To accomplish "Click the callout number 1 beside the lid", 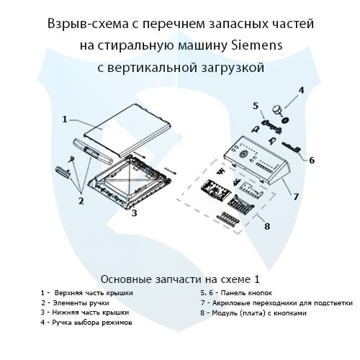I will click(x=64, y=119).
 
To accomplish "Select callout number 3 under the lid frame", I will click(x=135, y=213).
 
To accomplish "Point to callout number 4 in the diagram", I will click(x=301, y=90).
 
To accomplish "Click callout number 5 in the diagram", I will click(x=255, y=107).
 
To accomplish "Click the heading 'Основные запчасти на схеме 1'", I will click(x=179, y=279).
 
